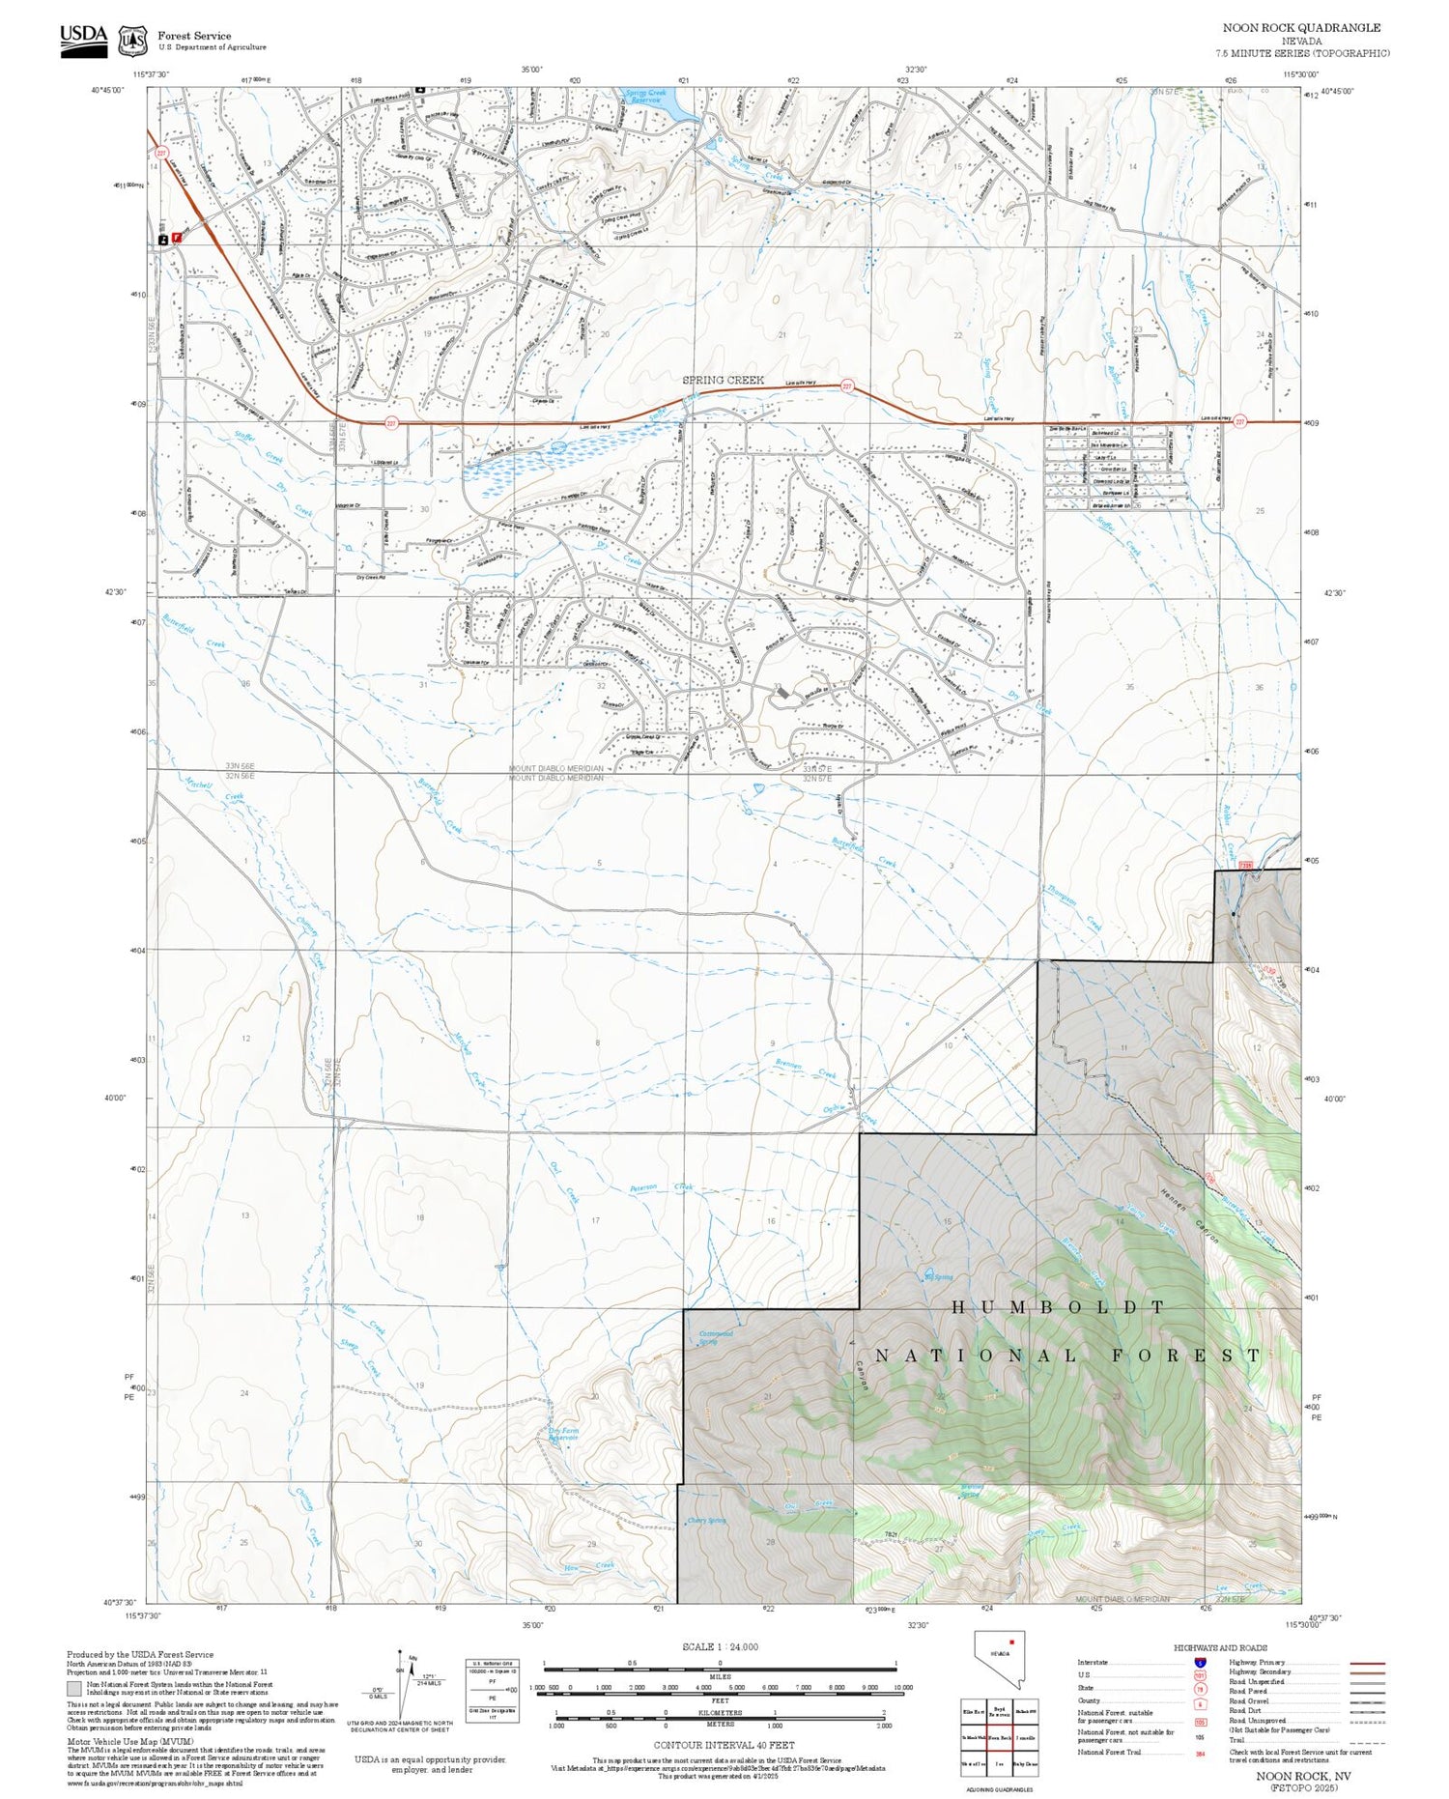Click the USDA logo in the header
point(83,39)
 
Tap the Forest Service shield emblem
point(132,41)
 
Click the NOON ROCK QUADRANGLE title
point(1301,28)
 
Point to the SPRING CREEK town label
point(723,380)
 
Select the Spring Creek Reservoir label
point(646,96)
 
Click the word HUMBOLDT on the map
point(1059,1307)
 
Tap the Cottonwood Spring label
point(716,1338)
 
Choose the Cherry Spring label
point(706,1520)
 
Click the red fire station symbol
point(177,236)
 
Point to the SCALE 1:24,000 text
point(720,1646)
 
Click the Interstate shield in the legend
point(1200,1662)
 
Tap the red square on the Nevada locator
point(1011,1642)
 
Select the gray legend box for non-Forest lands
point(74,1689)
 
